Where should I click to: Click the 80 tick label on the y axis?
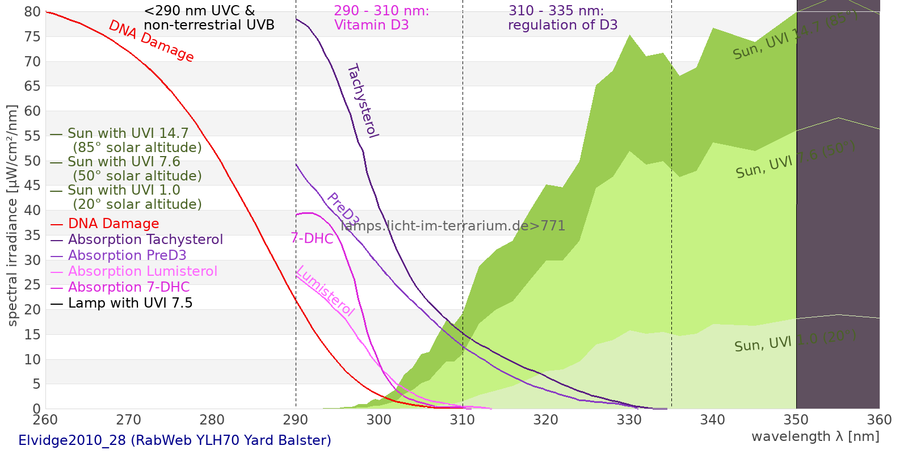point(33,12)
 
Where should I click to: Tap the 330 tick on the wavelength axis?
point(629,420)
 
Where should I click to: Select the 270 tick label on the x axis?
point(129,420)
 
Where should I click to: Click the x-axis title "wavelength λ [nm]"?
point(815,436)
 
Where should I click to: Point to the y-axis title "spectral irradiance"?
point(12,215)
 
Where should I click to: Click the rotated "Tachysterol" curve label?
point(363,101)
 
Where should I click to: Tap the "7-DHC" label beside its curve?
point(312,238)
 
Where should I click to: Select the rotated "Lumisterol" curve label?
point(325,291)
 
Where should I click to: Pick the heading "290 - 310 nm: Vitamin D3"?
point(381,18)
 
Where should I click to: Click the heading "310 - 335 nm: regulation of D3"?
point(562,18)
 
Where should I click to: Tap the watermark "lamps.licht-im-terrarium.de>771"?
point(453,226)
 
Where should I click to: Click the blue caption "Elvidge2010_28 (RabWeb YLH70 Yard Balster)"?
point(175,440)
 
